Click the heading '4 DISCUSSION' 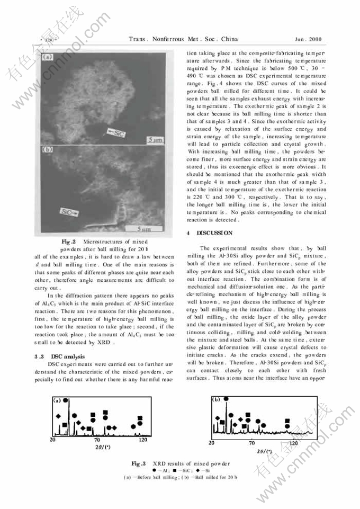(x=211, y=233)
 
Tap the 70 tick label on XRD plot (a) (x=97, y=440)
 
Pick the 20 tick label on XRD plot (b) (x=212, y=443)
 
